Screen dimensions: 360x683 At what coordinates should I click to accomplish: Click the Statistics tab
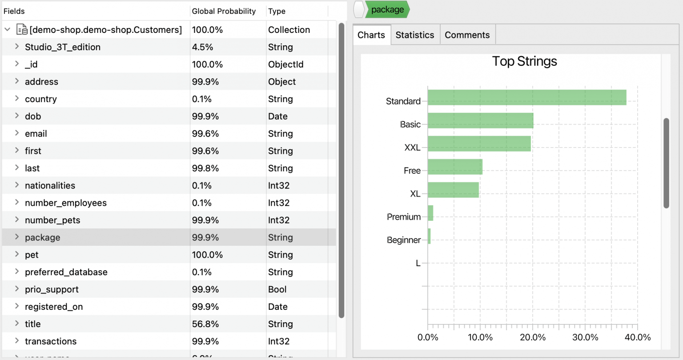click(x=414, y=35)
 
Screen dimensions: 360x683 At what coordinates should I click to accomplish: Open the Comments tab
click(x=467, y=35)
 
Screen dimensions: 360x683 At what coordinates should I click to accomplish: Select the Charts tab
click(x=371, y=35)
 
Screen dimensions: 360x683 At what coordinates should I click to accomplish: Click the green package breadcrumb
click(x=387, y=10)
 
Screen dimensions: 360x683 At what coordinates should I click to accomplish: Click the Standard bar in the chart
click(x=526, y=98)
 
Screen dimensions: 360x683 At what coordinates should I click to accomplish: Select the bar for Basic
click(x=480, y=121)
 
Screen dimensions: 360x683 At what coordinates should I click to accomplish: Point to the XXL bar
click(x=479, y=144)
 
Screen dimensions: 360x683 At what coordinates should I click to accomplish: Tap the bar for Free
click(x=455, y=167)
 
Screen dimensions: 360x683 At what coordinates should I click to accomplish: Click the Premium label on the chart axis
click(x=403, y=217)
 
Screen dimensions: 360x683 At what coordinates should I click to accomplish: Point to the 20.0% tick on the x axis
click(x=533, y=337)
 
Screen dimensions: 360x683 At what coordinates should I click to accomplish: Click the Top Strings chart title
click(x=524, y=61)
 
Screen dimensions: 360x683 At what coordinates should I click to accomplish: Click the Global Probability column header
click(x=224, y=11)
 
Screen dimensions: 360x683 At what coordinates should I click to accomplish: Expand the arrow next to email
click(x=17, y=133)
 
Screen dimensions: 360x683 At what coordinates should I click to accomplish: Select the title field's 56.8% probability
click(x=205, y=324)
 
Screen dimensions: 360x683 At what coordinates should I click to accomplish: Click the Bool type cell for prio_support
click(x=277, y=289)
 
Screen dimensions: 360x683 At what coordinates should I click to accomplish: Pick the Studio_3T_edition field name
click(x=62, y=47)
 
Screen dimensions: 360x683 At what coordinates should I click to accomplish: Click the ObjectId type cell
click(x=285, y=64)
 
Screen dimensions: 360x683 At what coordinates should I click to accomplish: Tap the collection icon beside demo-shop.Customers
click(x=22, y=30)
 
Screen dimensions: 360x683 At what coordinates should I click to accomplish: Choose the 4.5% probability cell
click(x=202, y=47)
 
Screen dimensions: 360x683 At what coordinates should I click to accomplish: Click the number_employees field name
click(x=65, y=203)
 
